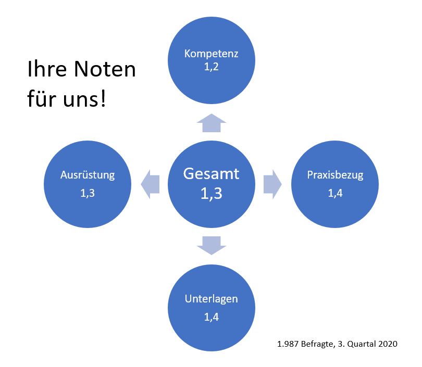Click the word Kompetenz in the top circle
(211, 54)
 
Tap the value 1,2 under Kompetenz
(211, 66)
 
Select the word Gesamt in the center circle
(211, 173)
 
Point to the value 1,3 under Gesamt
(211, 193)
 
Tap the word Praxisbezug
(335, 175)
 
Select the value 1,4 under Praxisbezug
(335, 193)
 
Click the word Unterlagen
(211, 299)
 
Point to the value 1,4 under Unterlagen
(211, 317)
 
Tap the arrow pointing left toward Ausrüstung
(151, 184)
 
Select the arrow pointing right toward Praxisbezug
(271, 184)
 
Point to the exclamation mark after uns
(102, 99)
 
